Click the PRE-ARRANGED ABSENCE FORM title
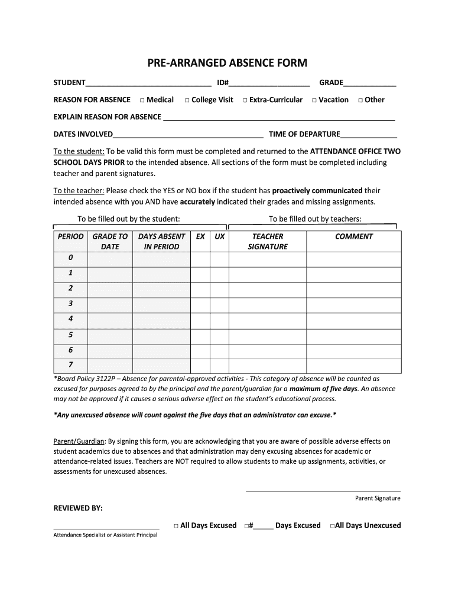tap(227, 63)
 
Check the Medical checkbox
tap(142, 100)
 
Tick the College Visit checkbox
tap(187, 100)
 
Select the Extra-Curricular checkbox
tap(245, 100)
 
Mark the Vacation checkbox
tap(314, 100)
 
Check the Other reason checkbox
tap(360, 100)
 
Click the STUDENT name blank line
tap(148, 84)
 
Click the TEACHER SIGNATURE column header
tap(268, 241)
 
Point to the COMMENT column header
tap(353, 236)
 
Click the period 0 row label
tap(70, 258)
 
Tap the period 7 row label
tap(70, 365)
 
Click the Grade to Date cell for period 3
tap(110, 304)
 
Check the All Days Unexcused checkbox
tap(333, 526)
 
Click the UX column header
tap(219, 236)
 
